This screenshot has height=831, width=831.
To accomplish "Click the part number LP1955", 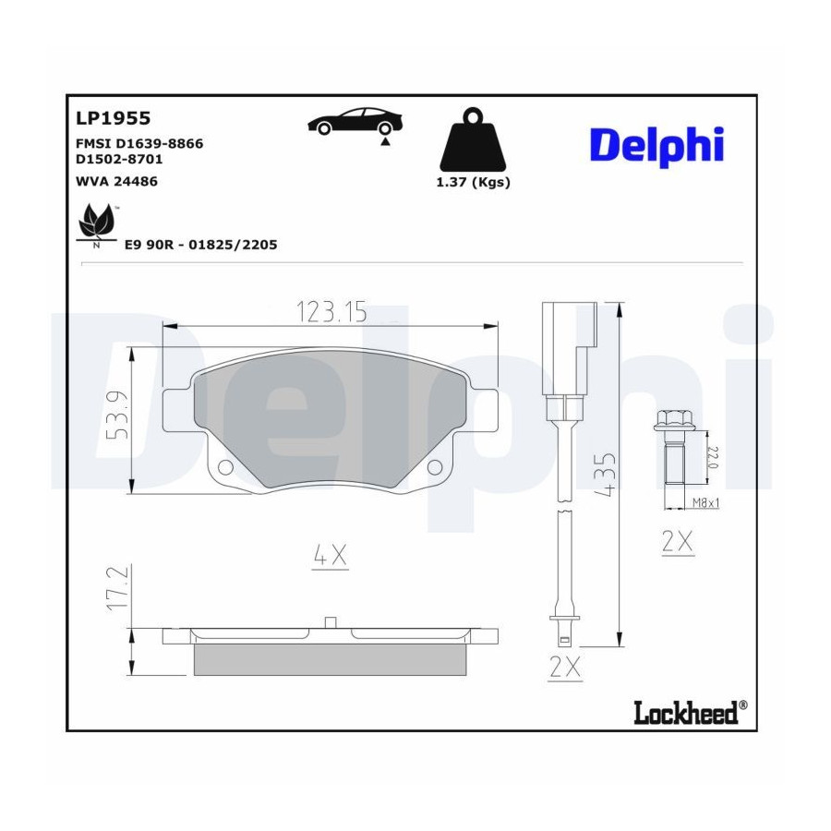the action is point(114,118).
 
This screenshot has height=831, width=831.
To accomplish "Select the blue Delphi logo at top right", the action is point(656,145).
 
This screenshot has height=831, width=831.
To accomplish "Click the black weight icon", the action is point(473,140).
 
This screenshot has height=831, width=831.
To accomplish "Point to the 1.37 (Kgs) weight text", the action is point(473,182).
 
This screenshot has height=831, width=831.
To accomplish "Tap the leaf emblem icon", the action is point(96,225).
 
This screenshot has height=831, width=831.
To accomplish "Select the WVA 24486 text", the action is point(116,181).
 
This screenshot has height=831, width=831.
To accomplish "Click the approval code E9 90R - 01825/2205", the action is point(201,245).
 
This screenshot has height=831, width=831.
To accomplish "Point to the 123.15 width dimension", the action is point(331,312).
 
